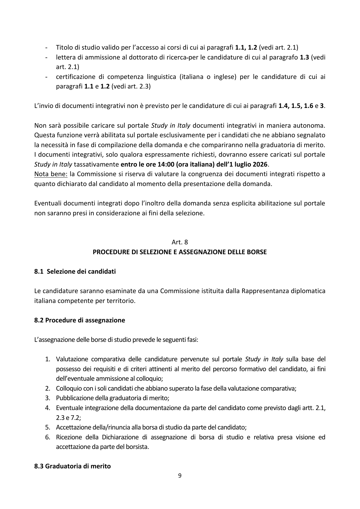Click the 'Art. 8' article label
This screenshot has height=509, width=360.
point(180,242)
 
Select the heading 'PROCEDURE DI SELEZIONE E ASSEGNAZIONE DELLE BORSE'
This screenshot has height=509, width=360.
point(180,252)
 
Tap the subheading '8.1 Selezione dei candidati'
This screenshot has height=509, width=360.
point(75,271)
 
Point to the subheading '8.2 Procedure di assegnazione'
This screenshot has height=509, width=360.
point(79,320)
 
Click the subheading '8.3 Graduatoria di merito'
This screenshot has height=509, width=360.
point(73,466)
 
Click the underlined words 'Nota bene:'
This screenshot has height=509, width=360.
point(51,174)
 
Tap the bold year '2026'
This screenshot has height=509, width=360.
point(259,165)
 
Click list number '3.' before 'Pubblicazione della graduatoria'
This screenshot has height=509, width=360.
point(48,398)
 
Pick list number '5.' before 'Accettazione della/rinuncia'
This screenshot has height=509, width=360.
point(48,427)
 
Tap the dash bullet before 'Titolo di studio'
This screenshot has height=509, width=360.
point(46,47)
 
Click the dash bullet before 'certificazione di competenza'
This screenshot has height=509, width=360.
point(46,77)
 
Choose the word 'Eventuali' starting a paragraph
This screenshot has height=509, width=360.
point(48,203)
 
